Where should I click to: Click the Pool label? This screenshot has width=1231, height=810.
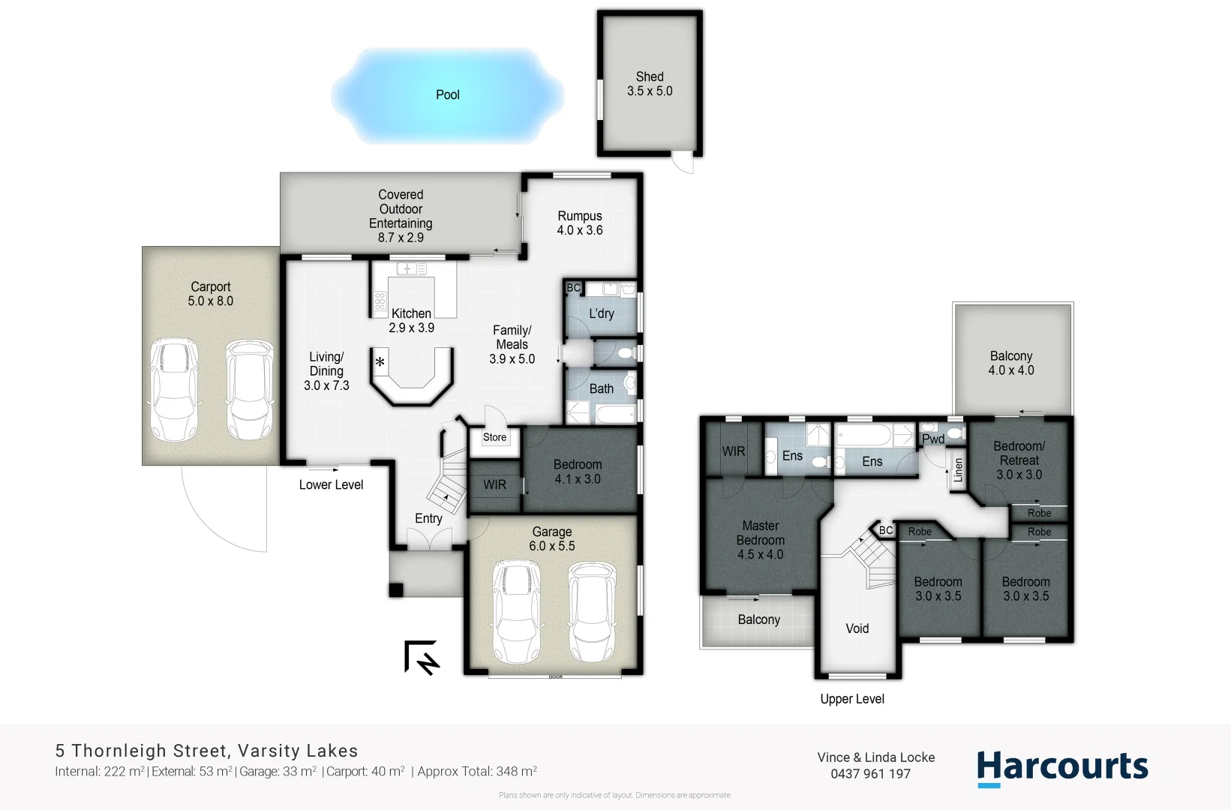pyautogui.click(x=447, y=94)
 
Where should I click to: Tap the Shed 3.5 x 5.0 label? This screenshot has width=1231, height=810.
pyautogui.click(x=650, y=84)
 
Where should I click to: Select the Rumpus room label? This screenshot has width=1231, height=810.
pyautogui.click(x=579, y=223)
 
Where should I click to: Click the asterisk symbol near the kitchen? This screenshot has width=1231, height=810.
pyautogui.click(x=380, y=363)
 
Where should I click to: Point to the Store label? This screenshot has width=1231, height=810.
pyautogui.click(x=494, y=437)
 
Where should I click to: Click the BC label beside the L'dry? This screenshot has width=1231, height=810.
pyautogui.click(x=574, y=288)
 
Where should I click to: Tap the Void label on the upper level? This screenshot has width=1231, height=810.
pyautogui.click(x=857, y=628)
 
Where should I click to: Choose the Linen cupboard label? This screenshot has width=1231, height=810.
pyautogui.click(x=958, y=470)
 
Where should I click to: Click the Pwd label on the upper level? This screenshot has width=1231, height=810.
pyautogui.click(x=933, y=439)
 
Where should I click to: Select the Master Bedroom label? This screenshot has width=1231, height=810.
pyautogui.click(x=760, y=540)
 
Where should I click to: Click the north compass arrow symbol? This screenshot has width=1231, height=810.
pyautogui.click(x=422, y=658)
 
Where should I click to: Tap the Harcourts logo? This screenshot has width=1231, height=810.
pyautogui.click(x=1062, y=768)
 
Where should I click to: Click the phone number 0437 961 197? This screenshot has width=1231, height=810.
pyautogui.click(x=870, y=774)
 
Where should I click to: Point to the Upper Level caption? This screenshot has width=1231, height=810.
pyautogui.click(x=852, y=699)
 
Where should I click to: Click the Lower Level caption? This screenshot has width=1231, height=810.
pyautogui.click(x=331, y=484)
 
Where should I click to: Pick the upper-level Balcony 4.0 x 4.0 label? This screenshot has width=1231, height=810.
pyautogui.click(x=1010, y=363)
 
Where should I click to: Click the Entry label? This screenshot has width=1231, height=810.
pyautogui.click(x=428, y=518)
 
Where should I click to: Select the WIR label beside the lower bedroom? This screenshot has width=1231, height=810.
pyautogui.click(x=494, y=484)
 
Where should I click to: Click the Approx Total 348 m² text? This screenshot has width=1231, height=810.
pyautogui.click(x=476, y=771)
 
